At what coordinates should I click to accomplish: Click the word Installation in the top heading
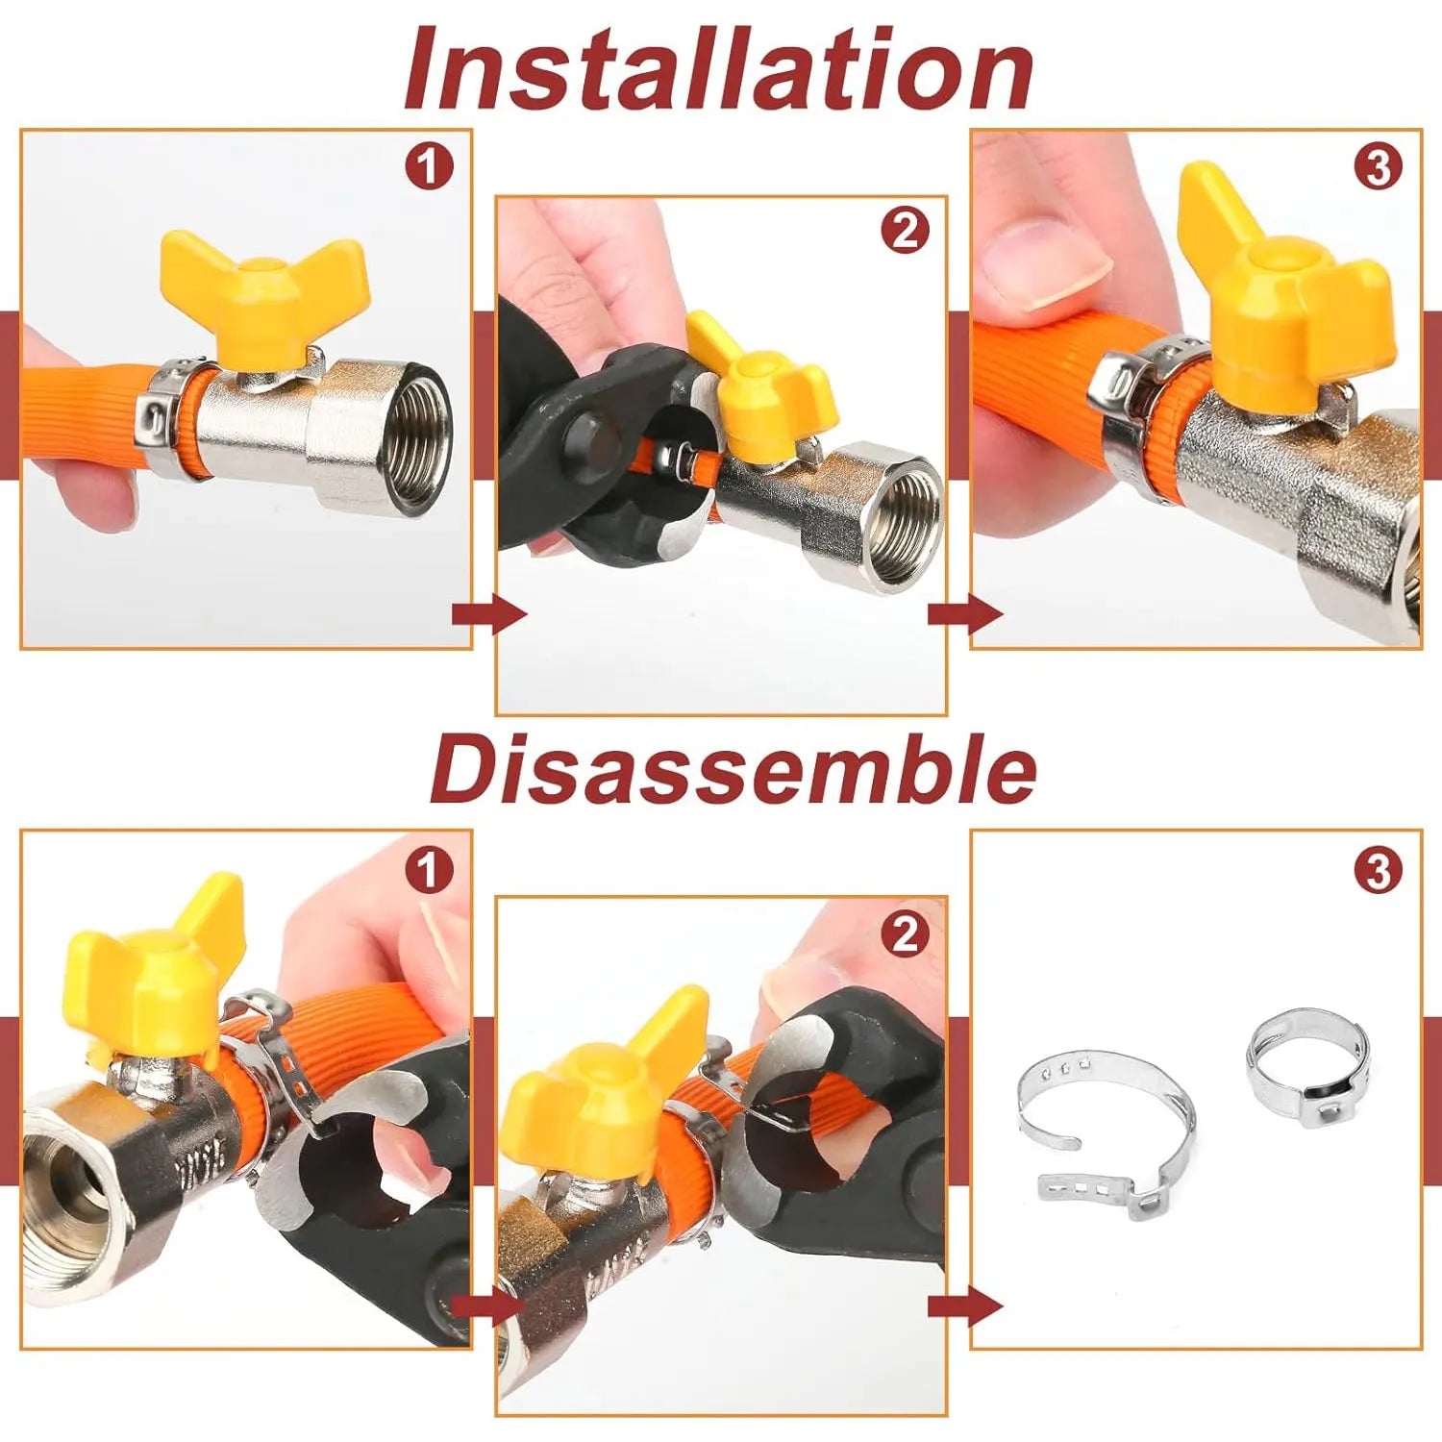coord(718,69)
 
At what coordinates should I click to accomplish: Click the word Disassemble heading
coord(733,770)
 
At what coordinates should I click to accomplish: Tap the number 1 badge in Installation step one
coord(429,167)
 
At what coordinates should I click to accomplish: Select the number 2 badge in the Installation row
coord(905,231)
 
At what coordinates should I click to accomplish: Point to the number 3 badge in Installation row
coord(1378,167)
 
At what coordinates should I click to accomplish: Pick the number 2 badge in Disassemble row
coord(905,934)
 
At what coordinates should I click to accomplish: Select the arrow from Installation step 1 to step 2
coord(488,613)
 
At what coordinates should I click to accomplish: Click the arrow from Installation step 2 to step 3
coord(964,613)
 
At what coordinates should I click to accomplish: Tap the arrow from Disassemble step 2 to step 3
coord(964,1306)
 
